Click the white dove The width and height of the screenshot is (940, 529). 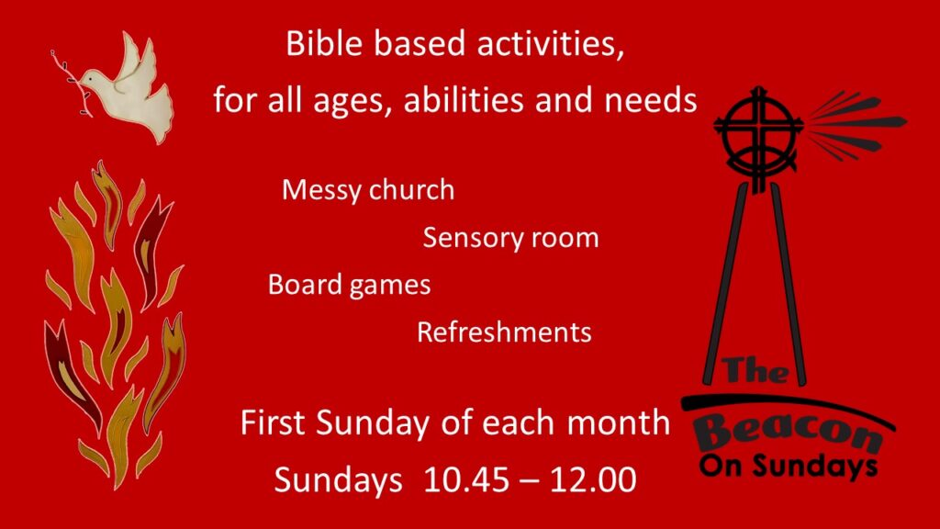pos(129,96)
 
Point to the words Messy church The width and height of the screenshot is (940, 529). pos(368,190)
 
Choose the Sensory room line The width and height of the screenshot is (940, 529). pos(510,238)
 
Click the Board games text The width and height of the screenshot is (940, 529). pos(349,285)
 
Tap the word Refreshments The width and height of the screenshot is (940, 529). pos(504,332)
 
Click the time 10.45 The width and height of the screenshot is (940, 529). pos(466,479)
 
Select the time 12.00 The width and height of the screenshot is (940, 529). pos(593,479)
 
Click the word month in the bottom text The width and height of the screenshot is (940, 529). pos(618,422)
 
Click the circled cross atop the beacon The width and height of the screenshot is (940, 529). pos(759,138)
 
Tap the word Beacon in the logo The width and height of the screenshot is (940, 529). pos(789,433)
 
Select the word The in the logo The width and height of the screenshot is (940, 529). pos(755,370)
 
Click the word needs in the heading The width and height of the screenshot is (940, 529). pos(651,99)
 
